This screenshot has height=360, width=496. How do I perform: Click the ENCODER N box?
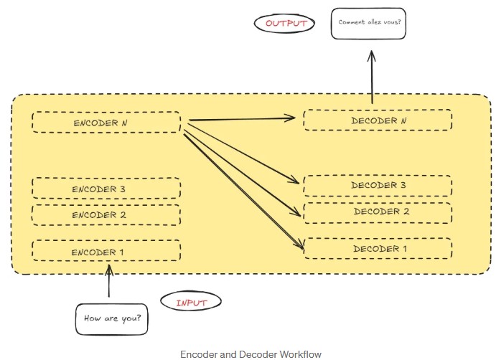coord(106,122)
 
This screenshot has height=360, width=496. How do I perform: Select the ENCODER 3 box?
coord(106,189)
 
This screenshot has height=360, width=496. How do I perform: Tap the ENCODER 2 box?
coord(106,214)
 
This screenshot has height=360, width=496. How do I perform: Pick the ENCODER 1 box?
coord(106,251)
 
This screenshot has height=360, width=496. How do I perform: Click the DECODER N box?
coord(378,120)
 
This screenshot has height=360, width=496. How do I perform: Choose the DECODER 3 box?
coord(378,185)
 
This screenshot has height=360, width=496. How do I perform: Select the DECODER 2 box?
coord(378,212)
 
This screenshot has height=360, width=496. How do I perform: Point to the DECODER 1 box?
coord(378,248)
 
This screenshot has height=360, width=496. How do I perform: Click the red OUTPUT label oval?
coord(286,24)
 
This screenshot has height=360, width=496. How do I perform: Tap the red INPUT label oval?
coord(191,303)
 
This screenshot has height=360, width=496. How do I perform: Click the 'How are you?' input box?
coord(112,319)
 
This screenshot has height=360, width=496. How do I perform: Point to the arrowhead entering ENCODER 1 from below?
coord(109,269)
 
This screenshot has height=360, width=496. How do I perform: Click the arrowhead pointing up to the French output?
coord(372,55)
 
